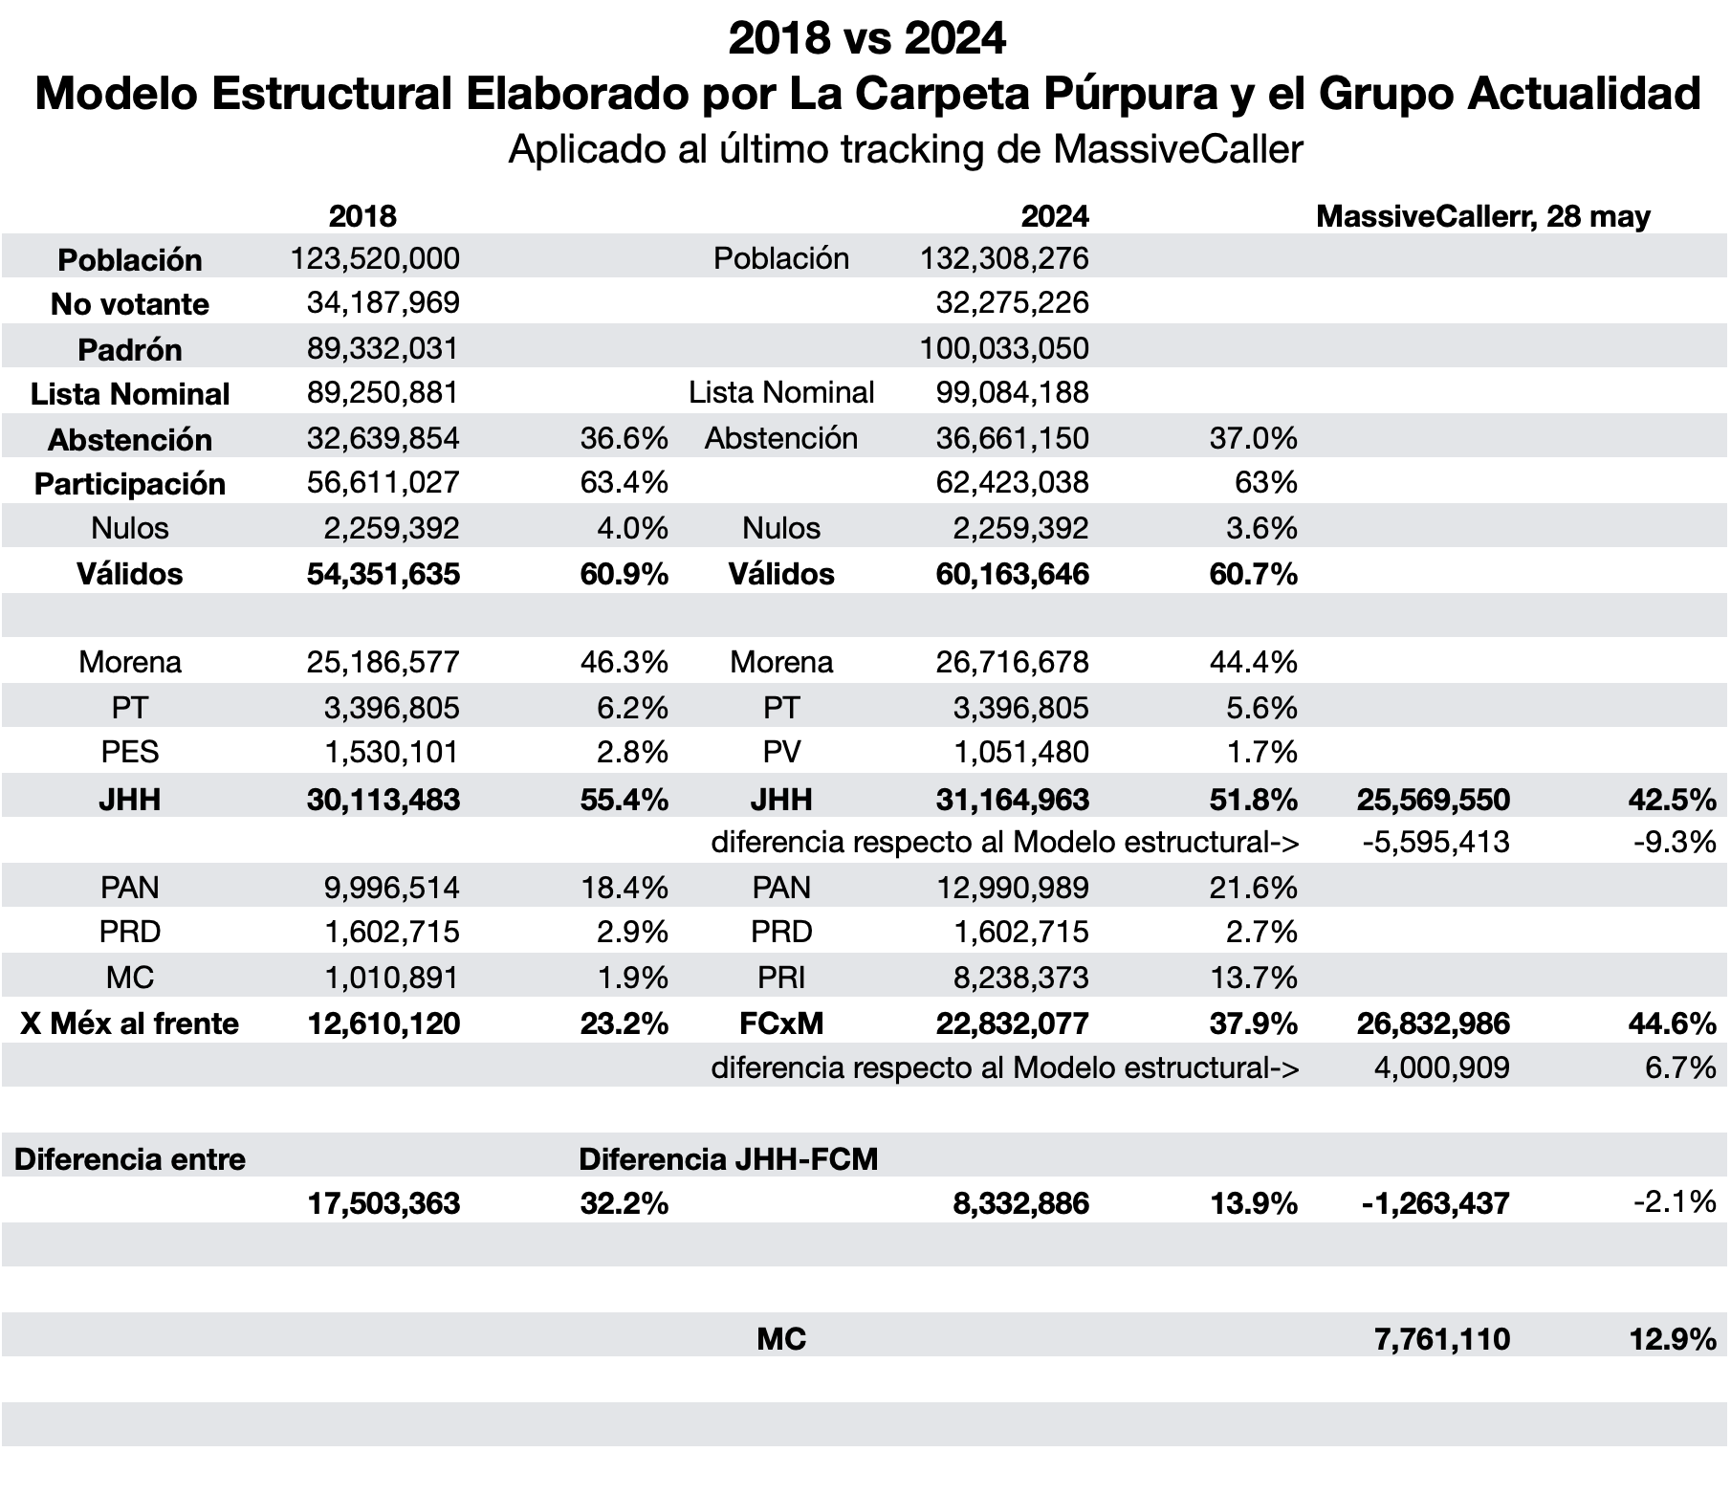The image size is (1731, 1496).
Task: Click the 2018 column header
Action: coord(362,215)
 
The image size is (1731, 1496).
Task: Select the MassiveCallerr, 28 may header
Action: coord(1483,216)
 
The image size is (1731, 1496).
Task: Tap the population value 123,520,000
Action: coord(376,258)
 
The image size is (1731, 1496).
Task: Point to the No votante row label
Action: coord(130,304)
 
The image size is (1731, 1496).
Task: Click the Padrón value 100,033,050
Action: coord(1004,348)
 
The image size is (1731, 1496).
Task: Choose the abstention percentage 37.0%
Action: coord(1253,438)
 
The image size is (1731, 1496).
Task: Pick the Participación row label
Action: coord(130,484)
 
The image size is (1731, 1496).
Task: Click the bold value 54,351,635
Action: coord(383,574)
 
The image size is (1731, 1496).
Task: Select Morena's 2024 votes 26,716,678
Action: coord(1012,662)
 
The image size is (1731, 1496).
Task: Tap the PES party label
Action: coord(130,752)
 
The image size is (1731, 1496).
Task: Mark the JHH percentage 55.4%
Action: coord(624,800)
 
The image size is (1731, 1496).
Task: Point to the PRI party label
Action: coord(781,978)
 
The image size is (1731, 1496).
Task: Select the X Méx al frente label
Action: coord(130,1023)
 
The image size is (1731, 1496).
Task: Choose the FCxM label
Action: coord(781,1023)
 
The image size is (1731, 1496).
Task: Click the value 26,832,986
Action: coord(1434,1023)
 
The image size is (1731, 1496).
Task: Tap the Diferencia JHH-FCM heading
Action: coord(729,1159)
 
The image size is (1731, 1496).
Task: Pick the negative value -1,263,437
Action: coord(1435,1203)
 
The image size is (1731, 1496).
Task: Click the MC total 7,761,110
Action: coord(1442,1339)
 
